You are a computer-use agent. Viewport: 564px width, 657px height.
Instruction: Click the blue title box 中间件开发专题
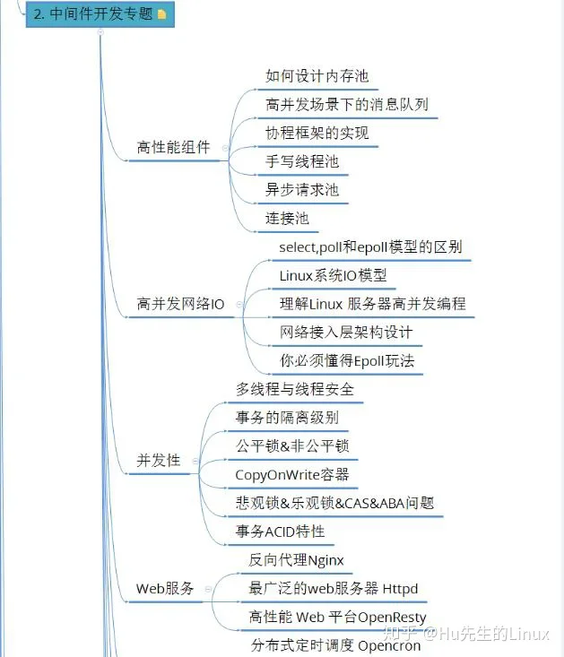pos(100,13)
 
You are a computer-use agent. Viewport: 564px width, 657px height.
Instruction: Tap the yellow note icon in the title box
pos(161,14)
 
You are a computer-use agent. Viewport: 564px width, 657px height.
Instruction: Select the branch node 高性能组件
pos(173,147)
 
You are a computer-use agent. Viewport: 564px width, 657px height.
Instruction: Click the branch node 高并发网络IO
pos(180,304)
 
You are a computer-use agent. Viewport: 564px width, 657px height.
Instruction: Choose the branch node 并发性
pos(159,460)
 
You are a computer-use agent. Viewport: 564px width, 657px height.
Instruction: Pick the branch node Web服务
pos(165,588)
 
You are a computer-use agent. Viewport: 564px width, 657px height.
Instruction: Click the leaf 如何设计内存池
pos(317,76)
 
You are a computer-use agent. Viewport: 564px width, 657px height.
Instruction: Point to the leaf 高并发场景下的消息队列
pos(347,104)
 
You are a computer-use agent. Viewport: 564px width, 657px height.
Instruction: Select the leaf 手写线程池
pos(302,161)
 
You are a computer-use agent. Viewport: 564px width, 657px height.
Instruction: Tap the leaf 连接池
pos(287,219)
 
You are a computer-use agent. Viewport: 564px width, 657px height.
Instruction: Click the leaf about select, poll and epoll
pos(370,247)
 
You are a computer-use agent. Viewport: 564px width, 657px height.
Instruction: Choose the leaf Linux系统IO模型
pos(333,276)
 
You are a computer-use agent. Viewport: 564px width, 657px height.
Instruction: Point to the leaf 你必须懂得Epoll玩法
pos(347,360)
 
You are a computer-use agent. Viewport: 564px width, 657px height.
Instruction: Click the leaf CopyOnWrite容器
pos(292,475)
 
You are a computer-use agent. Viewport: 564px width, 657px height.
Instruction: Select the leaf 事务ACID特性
pos(280,532)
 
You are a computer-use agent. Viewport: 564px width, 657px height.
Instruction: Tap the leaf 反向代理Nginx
pos(296,560)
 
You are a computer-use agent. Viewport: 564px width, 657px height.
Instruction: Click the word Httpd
pos(400,589)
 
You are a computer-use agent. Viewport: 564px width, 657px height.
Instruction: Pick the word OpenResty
pos(392,618)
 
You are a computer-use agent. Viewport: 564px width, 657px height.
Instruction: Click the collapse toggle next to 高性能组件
pos(225,148)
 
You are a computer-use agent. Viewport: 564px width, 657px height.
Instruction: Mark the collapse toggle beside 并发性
pos(195,461)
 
